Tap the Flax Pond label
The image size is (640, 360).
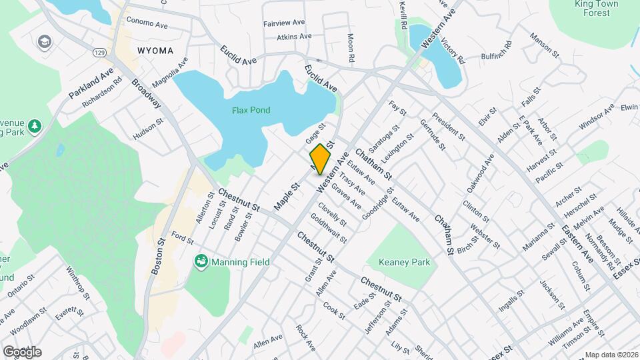coord(251,110)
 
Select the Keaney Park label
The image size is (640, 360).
coord(405,263)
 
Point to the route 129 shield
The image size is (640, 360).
coord(99,51)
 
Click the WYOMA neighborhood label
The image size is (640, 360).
coord(155,51)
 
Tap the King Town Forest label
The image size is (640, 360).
coord(597,8)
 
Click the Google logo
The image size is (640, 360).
coord(22,352)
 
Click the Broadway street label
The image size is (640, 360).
coord(146,94)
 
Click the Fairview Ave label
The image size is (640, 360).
coord(283,23)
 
